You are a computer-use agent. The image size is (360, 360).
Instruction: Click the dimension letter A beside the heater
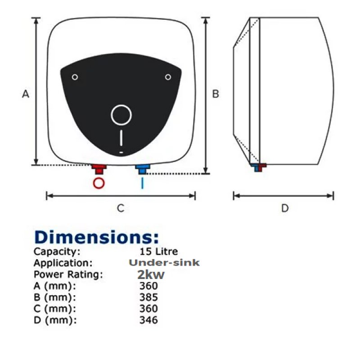(x=26, y=94)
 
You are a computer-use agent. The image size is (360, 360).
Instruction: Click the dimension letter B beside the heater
(x=216, y=94)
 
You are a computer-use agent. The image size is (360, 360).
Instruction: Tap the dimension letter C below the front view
(x=121, y=208)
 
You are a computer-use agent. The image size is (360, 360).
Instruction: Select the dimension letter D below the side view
(x=285, y=208)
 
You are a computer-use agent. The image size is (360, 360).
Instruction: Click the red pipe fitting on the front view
(x=99, y=169)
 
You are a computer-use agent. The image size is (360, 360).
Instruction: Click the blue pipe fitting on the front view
(x=142, y=169)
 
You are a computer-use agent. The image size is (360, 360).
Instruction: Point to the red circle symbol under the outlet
(x=99, y=183)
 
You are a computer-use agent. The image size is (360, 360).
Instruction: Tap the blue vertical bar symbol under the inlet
(x=142, y=183)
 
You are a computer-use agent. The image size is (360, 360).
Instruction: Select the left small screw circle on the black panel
(x=75, y=77)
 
